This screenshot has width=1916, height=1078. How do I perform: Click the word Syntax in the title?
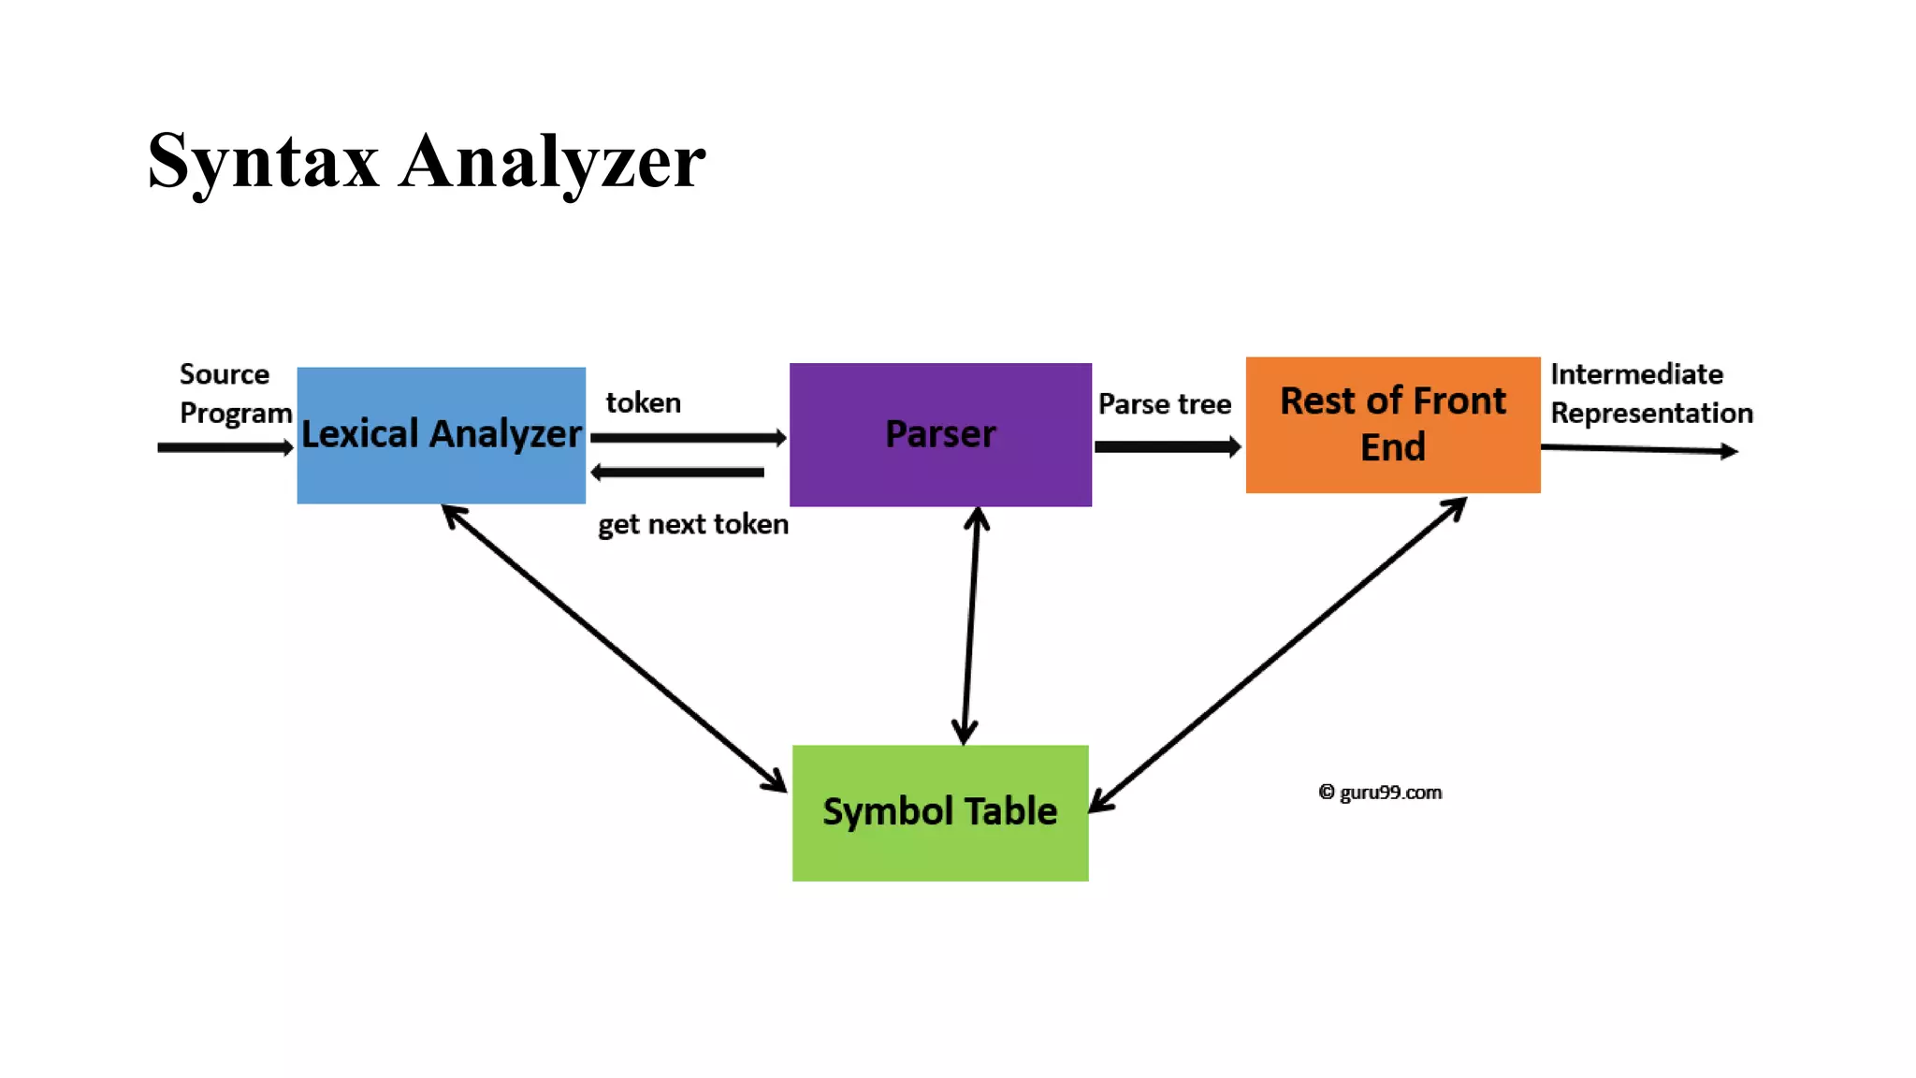click(x=263, y=162)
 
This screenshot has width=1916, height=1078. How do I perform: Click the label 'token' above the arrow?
click(x=643, y=402)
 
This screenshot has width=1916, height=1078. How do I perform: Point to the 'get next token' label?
click(x=692, y=524)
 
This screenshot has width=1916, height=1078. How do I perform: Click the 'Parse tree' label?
click(x=1164, y=404)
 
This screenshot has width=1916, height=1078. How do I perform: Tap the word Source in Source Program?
click(x=225, y=374)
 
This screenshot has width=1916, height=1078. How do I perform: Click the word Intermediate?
click(x=1636, y=374)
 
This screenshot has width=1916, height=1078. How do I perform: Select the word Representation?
click(x=1651, y=413)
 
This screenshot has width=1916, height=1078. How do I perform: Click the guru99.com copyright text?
click(x=1381, y=793)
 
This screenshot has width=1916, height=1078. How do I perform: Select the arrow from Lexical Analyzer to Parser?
click(x=688, y=437)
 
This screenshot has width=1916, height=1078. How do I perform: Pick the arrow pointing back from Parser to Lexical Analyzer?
click(x=679, y=472)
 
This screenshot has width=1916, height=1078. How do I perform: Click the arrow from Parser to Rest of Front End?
click(x=1167, y=446)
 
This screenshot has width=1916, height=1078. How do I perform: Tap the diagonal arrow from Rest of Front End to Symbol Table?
click(x=1278, y=655)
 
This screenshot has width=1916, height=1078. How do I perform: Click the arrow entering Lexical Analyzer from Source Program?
click(x=225, y=447)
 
